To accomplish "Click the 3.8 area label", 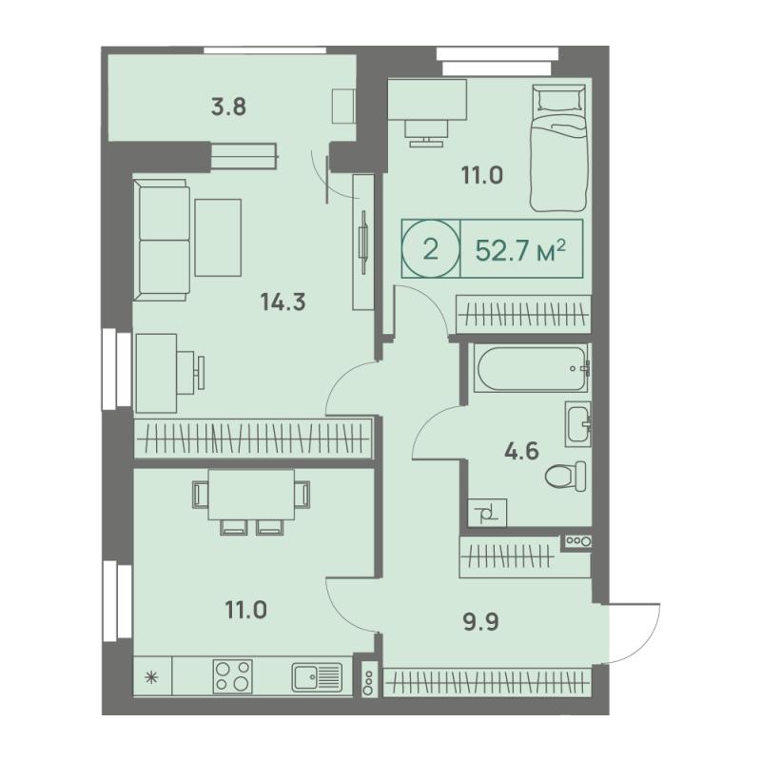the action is pyautogui.click(x=228, y=107).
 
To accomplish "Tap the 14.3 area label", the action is pyautogui.click(x=283, y=302).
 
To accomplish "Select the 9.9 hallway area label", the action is pyautogui.click(x=481, y=622).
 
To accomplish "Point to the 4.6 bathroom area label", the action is pyautogui.click(x=521, y=451).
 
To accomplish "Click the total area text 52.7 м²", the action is pyautogui.click(x=520, y=250).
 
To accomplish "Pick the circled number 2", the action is pyautogui.click(x=431, y=250).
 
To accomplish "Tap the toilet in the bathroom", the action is pyautogui.click(x=565, y=477).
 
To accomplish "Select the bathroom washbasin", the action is pyautogui.click(x=577, y=423).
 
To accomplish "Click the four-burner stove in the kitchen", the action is pyautogui.click(x=232, y=675).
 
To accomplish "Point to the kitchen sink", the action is pyautogui.click(x=317, y=677).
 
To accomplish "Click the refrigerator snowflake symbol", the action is pyautogui.click(x=152, y=677).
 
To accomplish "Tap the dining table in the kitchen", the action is pyautogui.click(x=251, y=495).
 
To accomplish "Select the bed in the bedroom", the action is pyautogui.click(x=559, y=148).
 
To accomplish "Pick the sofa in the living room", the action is pyautogui.click(x=162, y=241).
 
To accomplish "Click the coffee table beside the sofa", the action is pyautogui.click(x=218, y=237).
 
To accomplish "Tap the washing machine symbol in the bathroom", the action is pyautogui.click(x=487, y=513).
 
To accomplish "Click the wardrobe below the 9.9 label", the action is pyautogui.click(x=487, y=682).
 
